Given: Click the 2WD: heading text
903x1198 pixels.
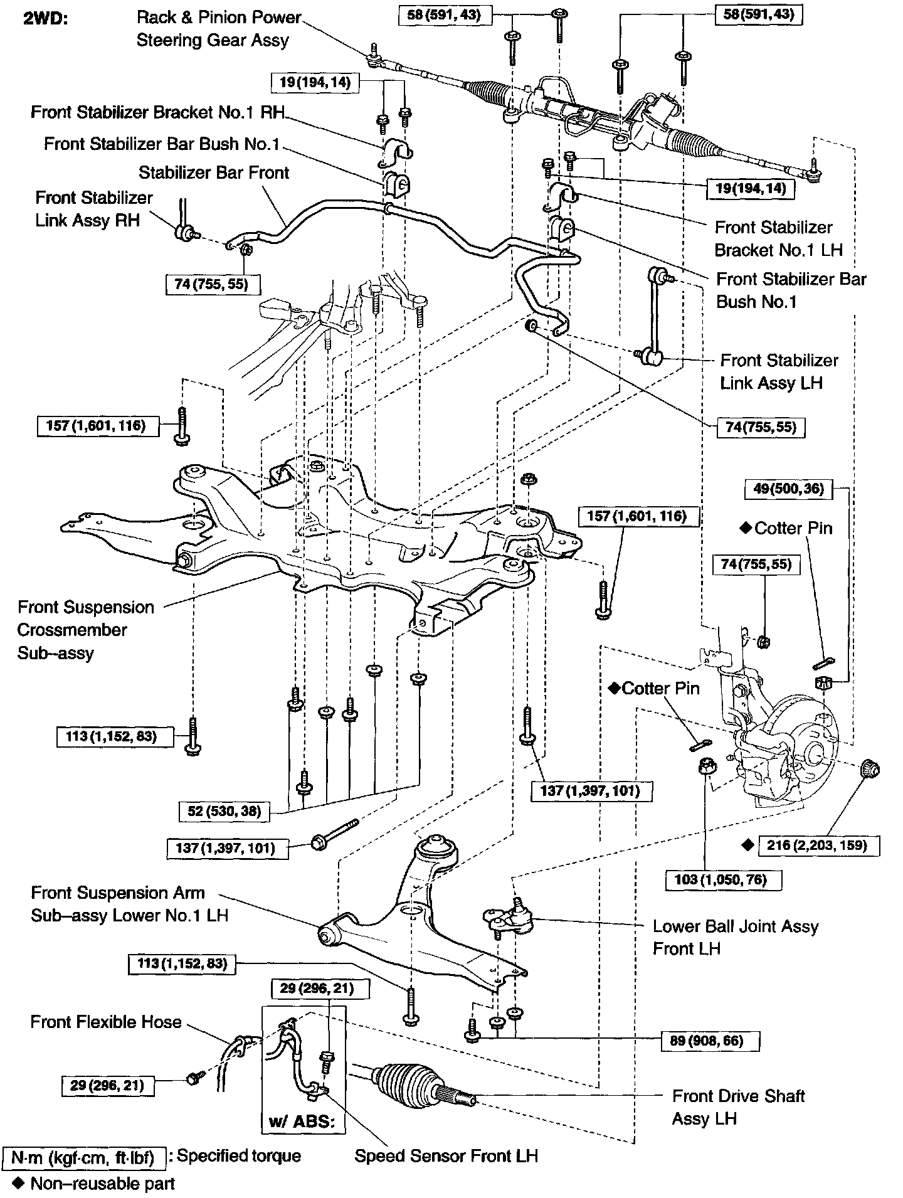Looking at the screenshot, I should coord(45,18).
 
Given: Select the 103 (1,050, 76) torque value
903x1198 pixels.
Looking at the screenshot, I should coord(724,879).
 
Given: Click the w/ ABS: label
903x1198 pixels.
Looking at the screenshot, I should coord(304,1121).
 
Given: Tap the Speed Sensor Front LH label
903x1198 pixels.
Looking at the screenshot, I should coord(446,1156).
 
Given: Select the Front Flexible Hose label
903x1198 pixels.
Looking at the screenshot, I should coord(106,1022).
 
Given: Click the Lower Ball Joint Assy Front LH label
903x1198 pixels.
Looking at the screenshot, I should coord(735,937).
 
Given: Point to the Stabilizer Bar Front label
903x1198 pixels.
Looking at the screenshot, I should coord(214,172).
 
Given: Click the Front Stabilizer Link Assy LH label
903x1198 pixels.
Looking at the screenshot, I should coord(778,371).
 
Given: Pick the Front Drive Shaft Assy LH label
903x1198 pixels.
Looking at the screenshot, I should coord(737,1107).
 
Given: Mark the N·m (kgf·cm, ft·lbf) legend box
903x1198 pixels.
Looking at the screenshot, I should coord(84,1156).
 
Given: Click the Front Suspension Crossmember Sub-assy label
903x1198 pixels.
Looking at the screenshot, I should coord(85,630).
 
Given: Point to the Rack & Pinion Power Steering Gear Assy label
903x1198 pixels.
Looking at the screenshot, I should coord(219,29).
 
